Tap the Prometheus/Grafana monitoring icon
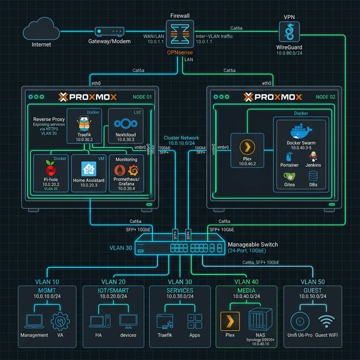[x=127, y=169]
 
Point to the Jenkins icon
[x=313, y=156]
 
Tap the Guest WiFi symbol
[x=327, y=321]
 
